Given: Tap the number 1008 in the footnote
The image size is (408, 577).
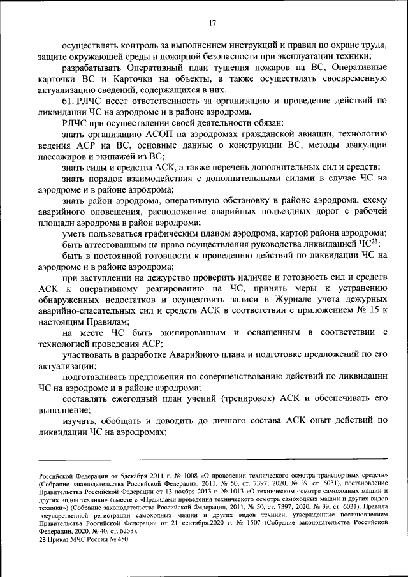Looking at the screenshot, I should click(186, 476).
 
